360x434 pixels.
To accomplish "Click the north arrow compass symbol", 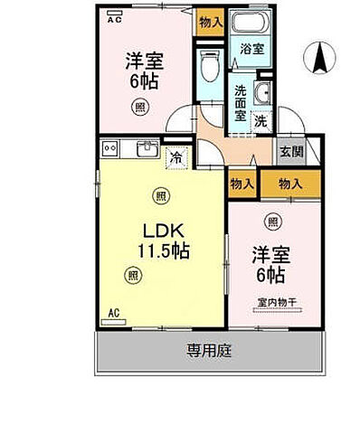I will coord(318,59).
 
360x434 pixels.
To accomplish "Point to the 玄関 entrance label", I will coord(287,152).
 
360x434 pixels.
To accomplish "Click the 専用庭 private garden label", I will coord(208,351).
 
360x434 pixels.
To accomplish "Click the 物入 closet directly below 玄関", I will coord(289,183).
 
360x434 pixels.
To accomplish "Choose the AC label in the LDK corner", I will coord(115,313).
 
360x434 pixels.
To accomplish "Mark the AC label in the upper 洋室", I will coord(115,17).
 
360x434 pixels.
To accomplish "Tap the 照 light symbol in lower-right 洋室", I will coord(272,220).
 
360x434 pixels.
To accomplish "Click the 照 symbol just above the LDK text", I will coord(160,194).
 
